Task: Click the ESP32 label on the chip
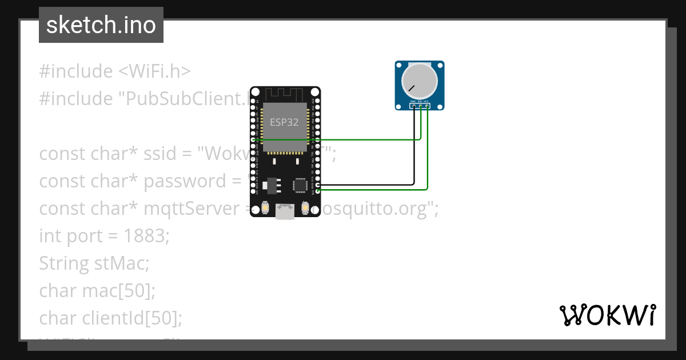click(284, 122)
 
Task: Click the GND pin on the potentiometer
click(413, 105)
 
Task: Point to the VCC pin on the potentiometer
click(426, 105)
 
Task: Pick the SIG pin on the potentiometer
click(420, 105)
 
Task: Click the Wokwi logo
click(607, 315)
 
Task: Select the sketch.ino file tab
click(101, 25)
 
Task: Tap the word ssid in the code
click(173, 154)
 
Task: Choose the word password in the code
click(185, 181)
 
